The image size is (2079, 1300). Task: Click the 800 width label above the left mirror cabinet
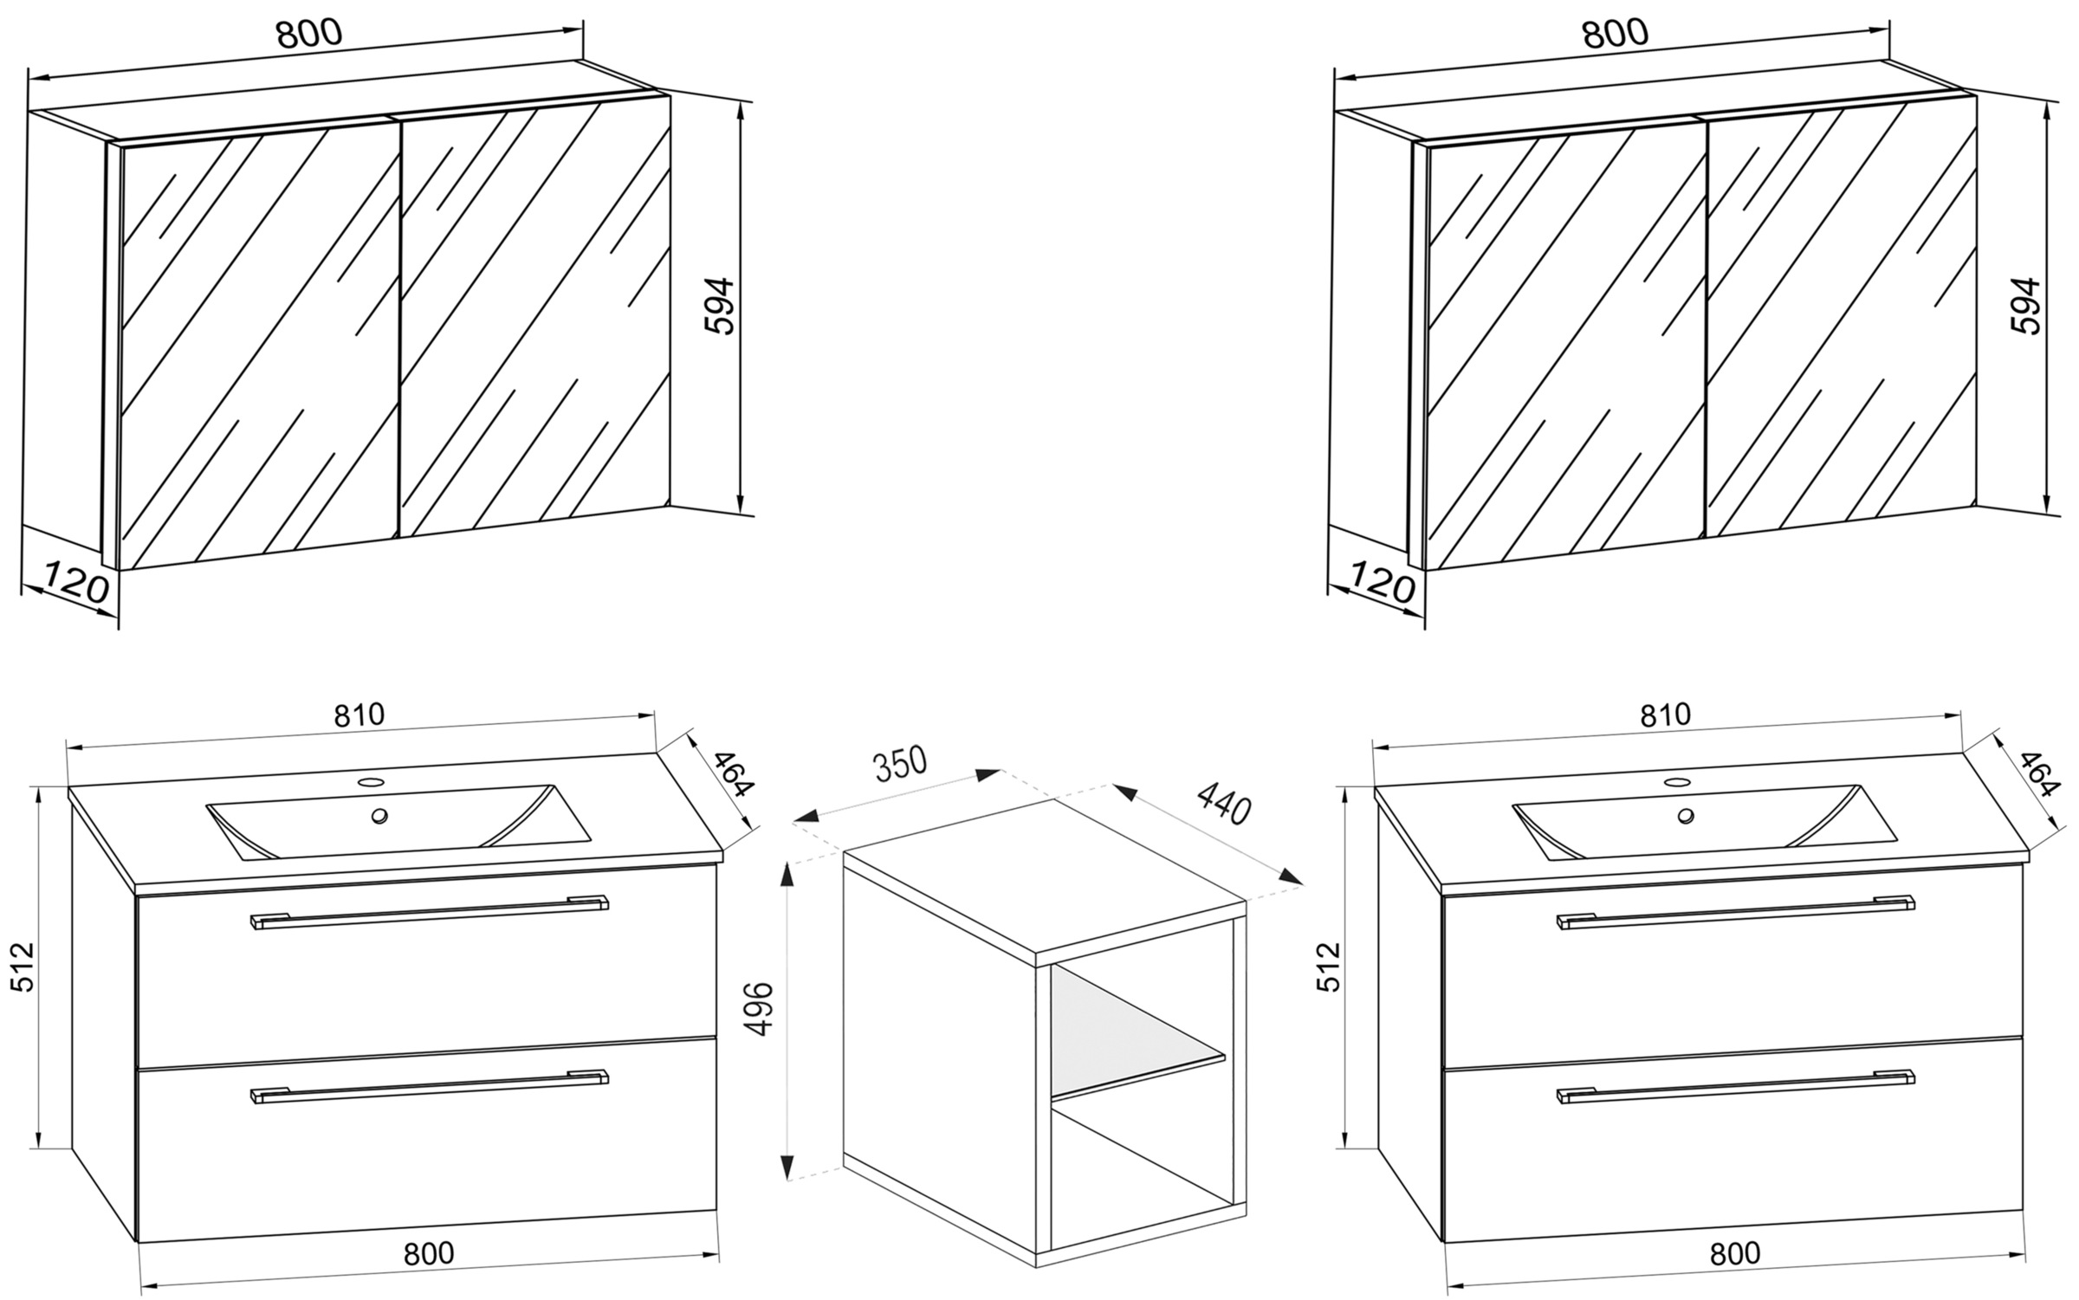click(x=309, y=34)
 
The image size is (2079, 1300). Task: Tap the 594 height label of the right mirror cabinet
click(x=2025, y=305)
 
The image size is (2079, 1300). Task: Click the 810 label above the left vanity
click(x=359, y=715)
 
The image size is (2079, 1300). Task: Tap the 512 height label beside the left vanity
click(x=21, y=967)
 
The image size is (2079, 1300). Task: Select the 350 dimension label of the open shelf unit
click(x=899, y=765)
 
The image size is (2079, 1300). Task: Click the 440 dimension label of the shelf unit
click(x=1222, y=803)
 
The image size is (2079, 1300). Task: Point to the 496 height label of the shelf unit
click(x=758, y=1008)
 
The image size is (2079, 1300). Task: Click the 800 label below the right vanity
click(x=1735, y=1252)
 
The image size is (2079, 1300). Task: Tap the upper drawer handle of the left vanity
click(x=429, y=911)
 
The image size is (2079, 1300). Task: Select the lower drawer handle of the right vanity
click(x=1735, y=1086)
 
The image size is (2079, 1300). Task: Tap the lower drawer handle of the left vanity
click(x=429, y=1086)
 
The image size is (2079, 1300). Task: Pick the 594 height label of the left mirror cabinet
click(x=719, y=305)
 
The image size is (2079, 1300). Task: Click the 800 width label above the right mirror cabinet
click(x=1616, y=34)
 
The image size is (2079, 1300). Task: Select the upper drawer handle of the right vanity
click(x=1735, y=911)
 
